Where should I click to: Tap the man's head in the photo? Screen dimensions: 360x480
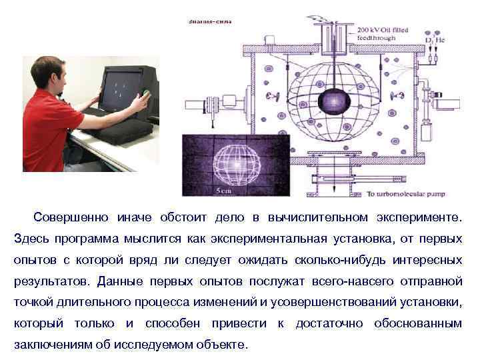click(x=51, y=73)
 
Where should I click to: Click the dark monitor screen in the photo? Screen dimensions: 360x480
click(x=120, y=87)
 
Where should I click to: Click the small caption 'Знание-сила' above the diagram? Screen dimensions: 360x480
click(x=210, y=21)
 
